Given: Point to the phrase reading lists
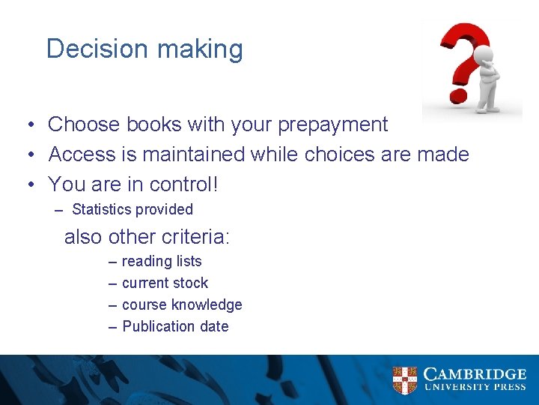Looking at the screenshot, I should pos(162,261).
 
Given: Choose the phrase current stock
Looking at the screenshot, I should pos(165,283).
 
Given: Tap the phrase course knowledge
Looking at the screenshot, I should pos(182,304).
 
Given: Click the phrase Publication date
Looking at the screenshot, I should pos(175,326).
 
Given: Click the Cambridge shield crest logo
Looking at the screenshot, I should pos(405,380).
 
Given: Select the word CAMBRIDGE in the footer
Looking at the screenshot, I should pos(475,374).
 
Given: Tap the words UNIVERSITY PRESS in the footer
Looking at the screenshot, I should pos(475,388).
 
